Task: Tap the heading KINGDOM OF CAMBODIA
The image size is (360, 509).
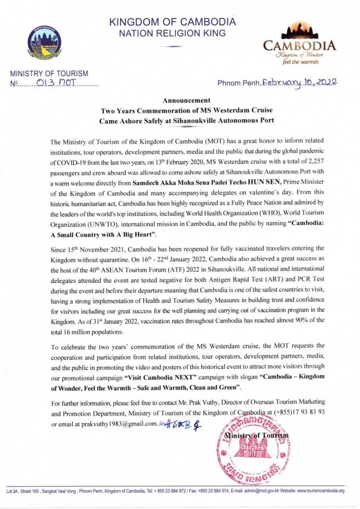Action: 173,22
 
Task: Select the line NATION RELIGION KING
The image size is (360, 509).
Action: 173,33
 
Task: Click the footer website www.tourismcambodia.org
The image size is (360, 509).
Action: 321,491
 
